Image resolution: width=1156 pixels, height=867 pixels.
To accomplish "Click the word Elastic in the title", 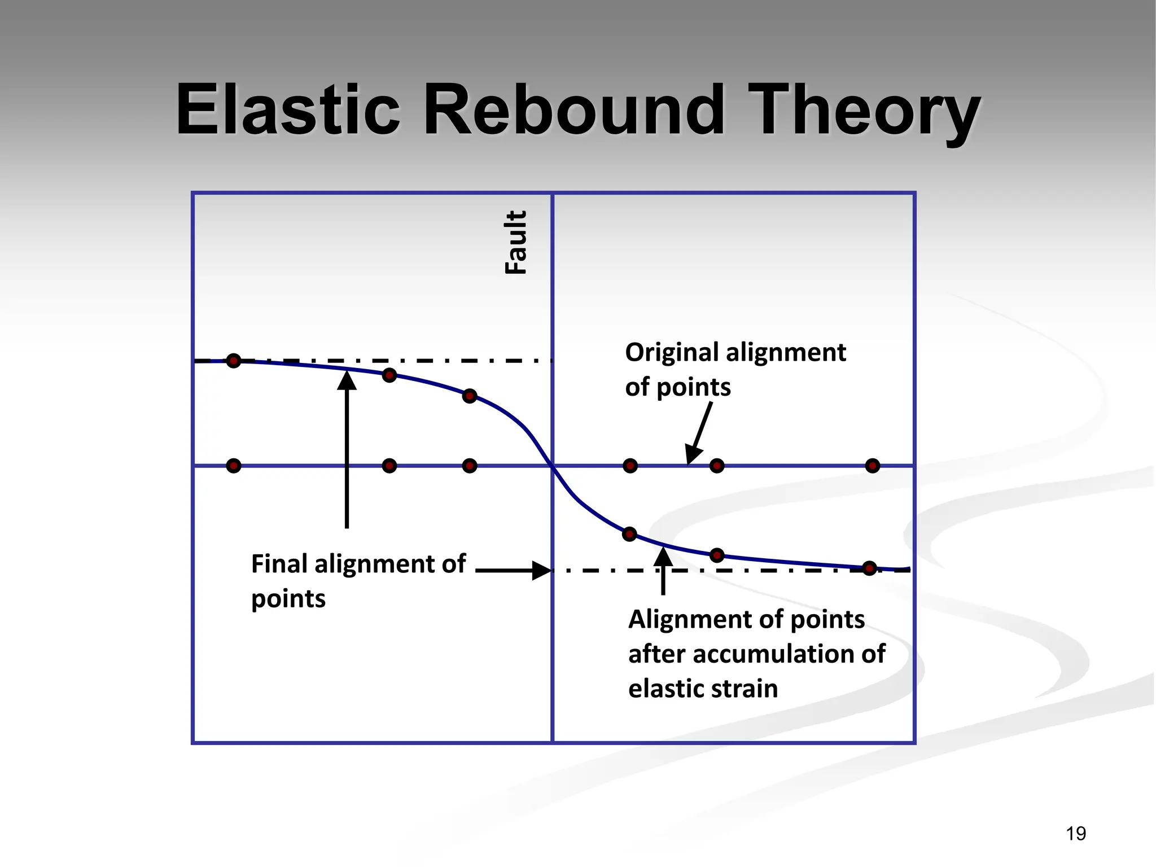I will click(x=288, y=110).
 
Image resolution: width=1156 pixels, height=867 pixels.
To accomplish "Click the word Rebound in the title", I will click(x=573, y=110).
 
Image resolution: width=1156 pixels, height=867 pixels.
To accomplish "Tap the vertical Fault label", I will click(x=515, y=242).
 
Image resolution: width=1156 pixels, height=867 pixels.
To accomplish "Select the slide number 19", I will click(x=1076, y=833).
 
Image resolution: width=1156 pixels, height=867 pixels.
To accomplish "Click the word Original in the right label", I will click(x=672, y=352).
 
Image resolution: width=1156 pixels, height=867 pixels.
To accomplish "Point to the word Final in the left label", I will click(x=279, y=563).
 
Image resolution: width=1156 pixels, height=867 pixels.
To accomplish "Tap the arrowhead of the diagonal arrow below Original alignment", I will click(x=693, y=454).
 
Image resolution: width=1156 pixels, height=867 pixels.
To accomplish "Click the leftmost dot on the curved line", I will click(x=234, y=361).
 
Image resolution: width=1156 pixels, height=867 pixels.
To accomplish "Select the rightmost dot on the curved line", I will click(x=870, y=568).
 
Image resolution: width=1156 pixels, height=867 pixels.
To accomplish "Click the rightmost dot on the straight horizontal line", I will click(x=873, y=466).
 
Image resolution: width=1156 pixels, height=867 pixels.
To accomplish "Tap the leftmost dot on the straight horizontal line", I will click(x=234, y=466).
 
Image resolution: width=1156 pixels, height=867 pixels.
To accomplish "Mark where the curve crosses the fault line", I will click(x=552, y=466).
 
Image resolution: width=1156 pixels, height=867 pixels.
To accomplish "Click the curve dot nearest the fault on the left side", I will click(x=470, y=396).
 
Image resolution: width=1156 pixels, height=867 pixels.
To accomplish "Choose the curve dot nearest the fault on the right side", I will click(x=629, y=534).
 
